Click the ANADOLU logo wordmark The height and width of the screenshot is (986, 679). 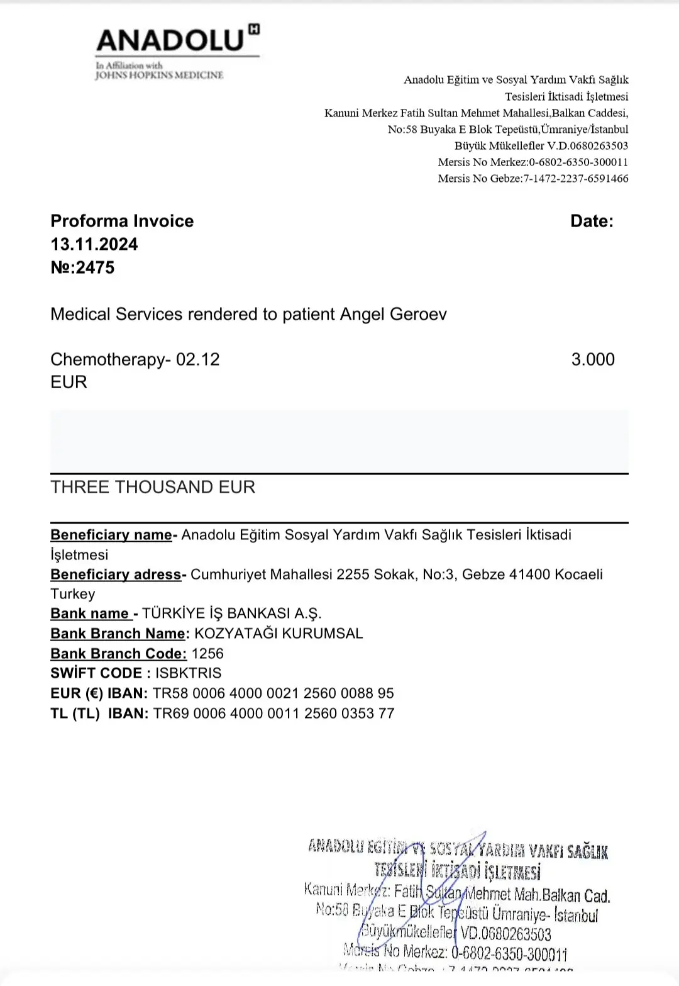(170, 40)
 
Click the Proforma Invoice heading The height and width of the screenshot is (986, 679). (122, 221)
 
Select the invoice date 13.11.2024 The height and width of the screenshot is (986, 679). (94, 244)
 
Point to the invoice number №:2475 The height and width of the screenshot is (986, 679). (82, 267)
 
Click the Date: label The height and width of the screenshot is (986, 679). (592, 221)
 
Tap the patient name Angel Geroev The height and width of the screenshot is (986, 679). (393, 314)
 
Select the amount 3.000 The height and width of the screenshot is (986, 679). (593, 359)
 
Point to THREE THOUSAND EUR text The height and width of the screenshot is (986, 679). (153, 487)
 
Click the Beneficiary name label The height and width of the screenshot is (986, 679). (111, 535)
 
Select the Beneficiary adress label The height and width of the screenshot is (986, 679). (116, 574)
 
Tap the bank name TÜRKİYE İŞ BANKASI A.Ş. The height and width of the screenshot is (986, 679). (231, 613)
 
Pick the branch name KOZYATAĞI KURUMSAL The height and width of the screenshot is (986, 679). (279, 634)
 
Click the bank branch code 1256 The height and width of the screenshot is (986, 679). (207, 654)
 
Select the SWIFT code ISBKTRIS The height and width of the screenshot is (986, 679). (189, 673)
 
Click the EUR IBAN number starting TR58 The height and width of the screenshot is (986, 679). (273, 693)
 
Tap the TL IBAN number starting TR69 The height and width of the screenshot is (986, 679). (273, 714)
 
